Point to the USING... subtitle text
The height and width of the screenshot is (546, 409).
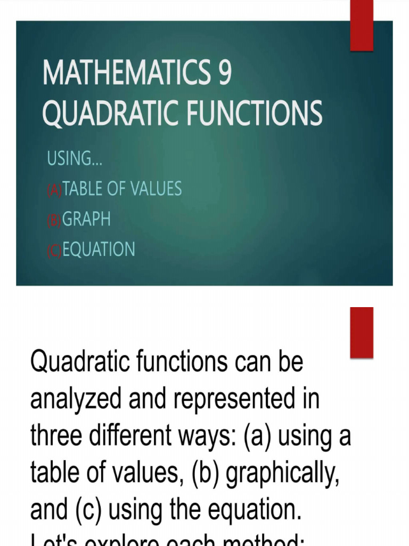click(75, 158)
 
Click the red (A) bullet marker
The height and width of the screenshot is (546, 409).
click(54, 190)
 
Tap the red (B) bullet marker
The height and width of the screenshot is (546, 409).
click(54, 220)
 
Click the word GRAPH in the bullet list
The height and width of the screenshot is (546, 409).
click(87, 219)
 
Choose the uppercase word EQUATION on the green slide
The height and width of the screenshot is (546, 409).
click(99, 250)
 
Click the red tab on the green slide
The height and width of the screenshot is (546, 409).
click(362, 26)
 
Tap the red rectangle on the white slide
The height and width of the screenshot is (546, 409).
click(362, 332)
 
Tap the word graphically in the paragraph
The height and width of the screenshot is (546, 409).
click(283, 471)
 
